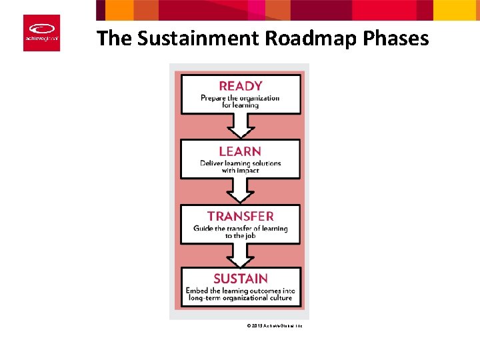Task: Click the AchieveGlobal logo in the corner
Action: (x=41, y=33)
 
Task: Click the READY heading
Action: (x=241, y=86)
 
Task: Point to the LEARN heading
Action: (x=240, y=151)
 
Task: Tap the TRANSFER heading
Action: (x=240, y=216)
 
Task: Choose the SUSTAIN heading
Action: (x=240, y=279)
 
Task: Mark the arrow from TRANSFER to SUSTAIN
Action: (x=240, y=254)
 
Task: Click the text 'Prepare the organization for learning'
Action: (x=240, y=101)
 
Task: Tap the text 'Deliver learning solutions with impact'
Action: (x=240, y=167)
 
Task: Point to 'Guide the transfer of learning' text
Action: (x=240, y=229)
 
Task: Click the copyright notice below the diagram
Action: (x=275, y=325)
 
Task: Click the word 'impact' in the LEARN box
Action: (x=247, y=170)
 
